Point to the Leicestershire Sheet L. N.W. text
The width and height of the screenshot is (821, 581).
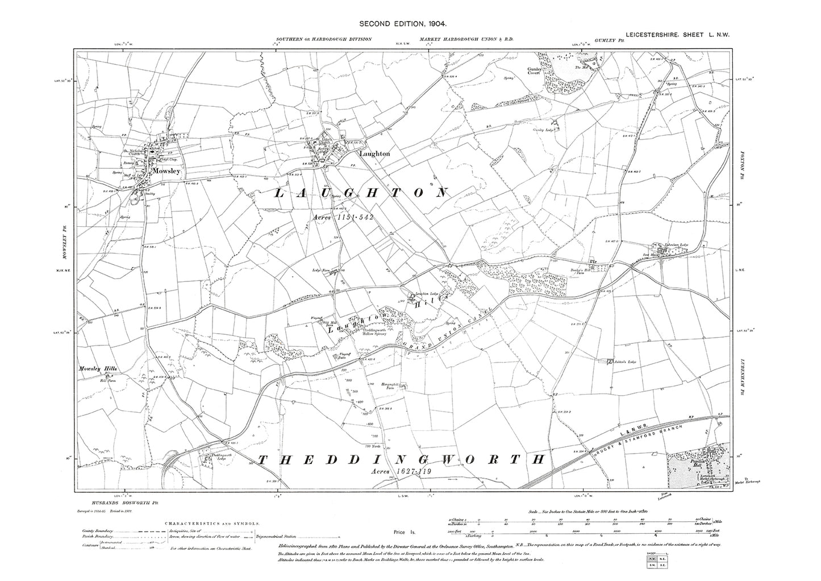pos(677,35)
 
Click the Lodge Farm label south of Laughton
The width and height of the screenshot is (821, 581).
pos(321,271)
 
